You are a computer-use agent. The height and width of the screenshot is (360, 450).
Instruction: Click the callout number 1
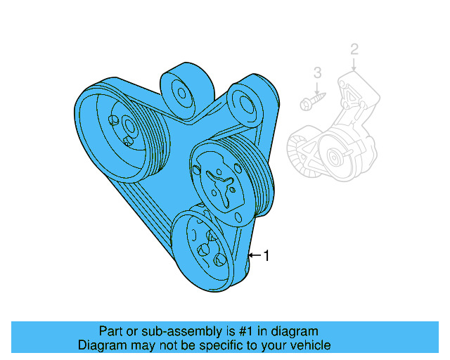pos(266,256)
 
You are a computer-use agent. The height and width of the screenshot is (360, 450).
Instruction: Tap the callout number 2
pos(354,49)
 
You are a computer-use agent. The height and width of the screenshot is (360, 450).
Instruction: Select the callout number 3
pos(317,72)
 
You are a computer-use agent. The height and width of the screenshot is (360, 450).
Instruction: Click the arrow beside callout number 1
pos(254,255)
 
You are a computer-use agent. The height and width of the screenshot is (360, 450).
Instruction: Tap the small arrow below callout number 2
pos(354,65)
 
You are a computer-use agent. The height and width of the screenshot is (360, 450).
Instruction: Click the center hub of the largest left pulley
pos(129,127)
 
